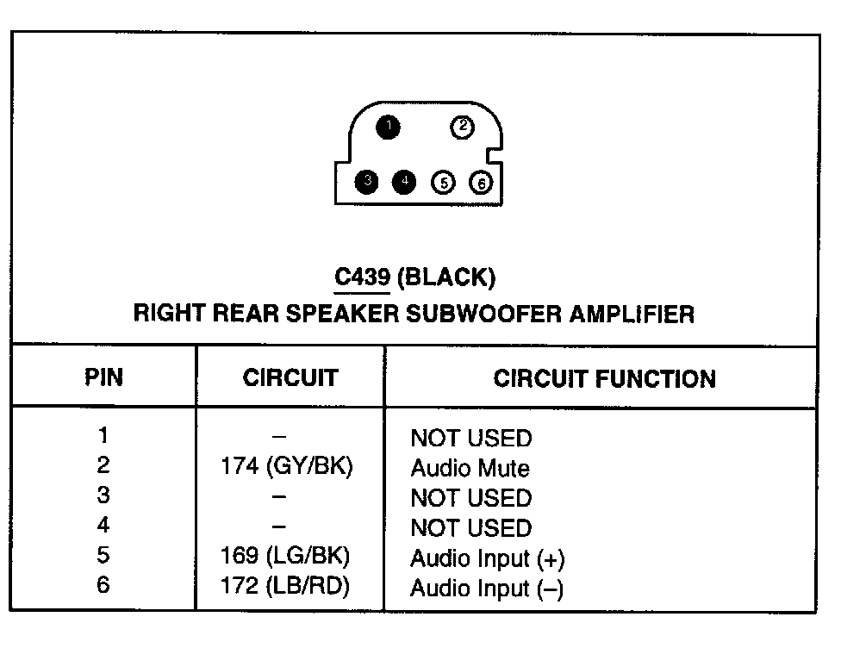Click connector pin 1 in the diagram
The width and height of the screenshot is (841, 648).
(x=388, y=128)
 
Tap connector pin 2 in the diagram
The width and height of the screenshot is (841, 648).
(x=463, y=128)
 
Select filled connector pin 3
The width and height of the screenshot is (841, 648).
(x=367, y=182)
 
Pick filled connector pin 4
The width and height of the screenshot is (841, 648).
(x=404, y=182)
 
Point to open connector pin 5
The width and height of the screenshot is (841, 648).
(x=444, y=183)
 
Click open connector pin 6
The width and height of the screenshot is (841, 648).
(x=481, y=183)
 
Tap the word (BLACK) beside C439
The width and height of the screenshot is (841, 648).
(x=448, y=277)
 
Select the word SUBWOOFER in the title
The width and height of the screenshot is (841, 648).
(x=485, y=313)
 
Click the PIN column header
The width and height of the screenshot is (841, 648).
(x=103, y=377)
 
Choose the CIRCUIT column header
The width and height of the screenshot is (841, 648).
(x=290, y=377)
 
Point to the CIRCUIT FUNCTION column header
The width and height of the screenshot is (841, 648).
(x=604, y=378)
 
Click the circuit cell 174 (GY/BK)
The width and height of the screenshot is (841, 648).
(x=287, y=467)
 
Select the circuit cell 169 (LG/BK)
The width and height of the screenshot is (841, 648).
(x=286, y=557)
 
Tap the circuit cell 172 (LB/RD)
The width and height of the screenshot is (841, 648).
(x=287, y=587)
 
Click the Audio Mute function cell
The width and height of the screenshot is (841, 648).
(x=470, y=469)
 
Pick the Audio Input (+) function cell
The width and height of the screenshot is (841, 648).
(x=487, y=558)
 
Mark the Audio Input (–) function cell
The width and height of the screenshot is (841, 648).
(x=487, y=589)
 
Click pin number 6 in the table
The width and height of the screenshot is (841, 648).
(x=103, y=586)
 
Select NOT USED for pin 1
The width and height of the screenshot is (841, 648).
(x=470, y=439)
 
